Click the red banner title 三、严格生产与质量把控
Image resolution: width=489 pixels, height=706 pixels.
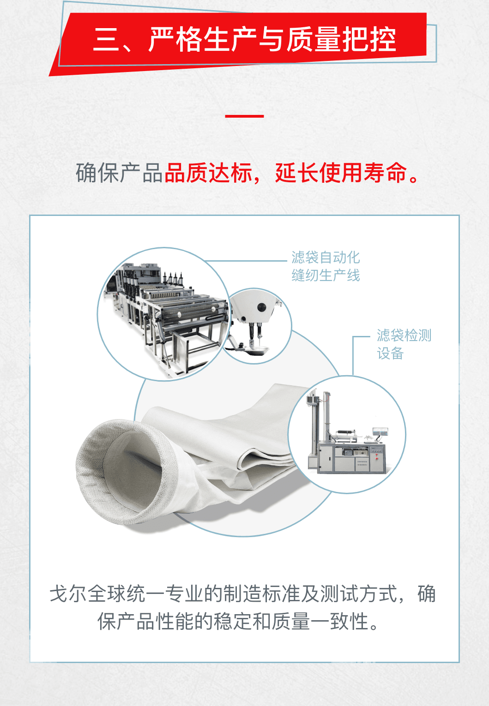(245, 39)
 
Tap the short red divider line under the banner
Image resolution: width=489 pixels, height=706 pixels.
(245, 116)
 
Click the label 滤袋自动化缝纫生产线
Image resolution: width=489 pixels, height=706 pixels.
(326, 266)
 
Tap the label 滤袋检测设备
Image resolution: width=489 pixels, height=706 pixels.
(404, 344)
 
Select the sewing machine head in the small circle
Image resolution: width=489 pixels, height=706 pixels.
(255, 322)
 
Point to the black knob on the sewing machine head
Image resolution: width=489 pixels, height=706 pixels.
(261, 307)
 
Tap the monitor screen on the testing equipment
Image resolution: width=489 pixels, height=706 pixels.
(380, 432)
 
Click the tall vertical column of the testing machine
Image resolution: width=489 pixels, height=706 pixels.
(327, 416)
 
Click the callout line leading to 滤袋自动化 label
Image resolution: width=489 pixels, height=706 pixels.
(246, 261)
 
